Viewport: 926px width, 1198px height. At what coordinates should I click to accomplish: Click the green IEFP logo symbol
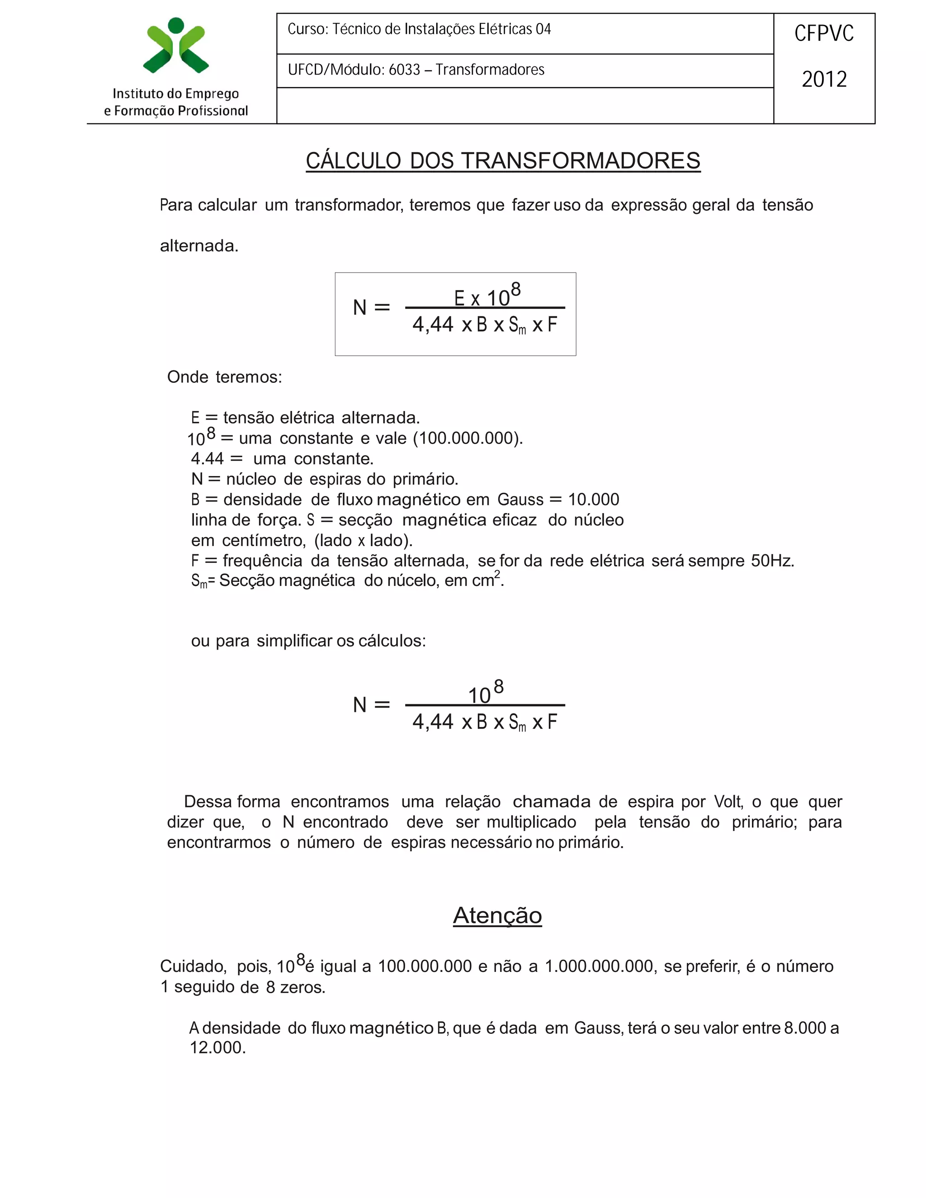[x=175, y=46]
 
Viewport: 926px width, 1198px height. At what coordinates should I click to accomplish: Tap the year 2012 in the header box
[x=823, y=80]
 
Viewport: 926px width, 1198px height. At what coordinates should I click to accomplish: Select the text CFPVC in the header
[x=823, y=34]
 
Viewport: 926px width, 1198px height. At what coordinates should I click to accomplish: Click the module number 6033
[x=404, y=70]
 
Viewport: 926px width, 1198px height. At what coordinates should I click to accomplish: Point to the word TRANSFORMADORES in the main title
[x=581, y=161]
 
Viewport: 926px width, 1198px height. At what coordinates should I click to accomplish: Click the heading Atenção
[x=497, y=915]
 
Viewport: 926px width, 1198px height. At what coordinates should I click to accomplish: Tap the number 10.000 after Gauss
[x=593, y=500]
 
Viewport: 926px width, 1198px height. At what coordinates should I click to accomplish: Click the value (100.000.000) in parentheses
[x=468, y=438]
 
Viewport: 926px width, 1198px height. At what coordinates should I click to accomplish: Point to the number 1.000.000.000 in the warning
[x=600, y=966]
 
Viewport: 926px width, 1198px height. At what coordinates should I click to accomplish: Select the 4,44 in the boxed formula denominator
[x=433, y=325]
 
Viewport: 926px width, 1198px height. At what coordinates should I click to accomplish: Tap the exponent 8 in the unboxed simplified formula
[x=498, y=686]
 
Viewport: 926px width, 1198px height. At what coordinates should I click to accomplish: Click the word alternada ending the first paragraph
[x=198, y=246]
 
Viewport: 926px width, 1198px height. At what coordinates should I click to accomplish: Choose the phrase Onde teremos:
[x=224, y=377]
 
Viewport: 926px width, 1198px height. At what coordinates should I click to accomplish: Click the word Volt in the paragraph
[x=728, y=802]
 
